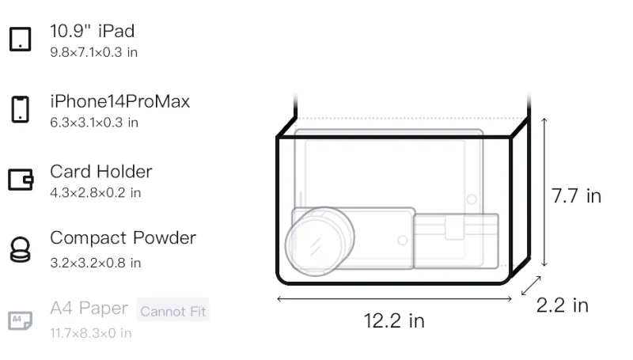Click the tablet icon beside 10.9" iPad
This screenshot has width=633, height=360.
[x=21, y=39]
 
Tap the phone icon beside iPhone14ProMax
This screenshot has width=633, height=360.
[x=21, y=109]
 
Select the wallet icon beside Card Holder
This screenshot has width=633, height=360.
[x=21, y=179]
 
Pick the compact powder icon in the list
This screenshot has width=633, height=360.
[x=21, y=250]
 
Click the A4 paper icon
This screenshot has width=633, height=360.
[x=21, y=320]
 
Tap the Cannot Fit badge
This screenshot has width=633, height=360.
[x=172, y=310]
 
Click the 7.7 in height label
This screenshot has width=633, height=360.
[x=576, y=196]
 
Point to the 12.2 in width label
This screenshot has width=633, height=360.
[x=394, y=321]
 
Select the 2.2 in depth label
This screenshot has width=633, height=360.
[x=563, y=305]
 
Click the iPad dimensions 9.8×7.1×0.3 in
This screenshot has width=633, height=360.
[x=93, y=52]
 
